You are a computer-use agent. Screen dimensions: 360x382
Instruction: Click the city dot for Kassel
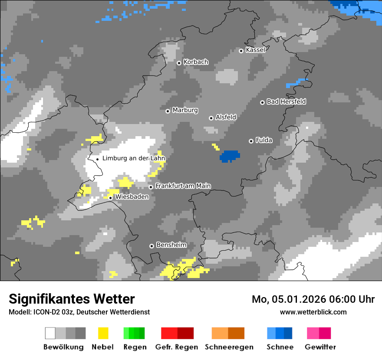point(241,51)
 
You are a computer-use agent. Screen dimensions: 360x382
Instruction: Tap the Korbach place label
point(196,62)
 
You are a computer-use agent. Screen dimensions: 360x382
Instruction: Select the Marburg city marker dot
point(168,111)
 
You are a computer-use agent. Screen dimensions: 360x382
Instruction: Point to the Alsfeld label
point(226,117)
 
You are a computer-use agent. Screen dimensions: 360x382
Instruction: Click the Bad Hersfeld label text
point(286,101)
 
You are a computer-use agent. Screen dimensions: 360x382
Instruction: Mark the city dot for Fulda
point(251,141)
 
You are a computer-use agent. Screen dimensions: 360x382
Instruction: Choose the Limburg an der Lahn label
point(133,158)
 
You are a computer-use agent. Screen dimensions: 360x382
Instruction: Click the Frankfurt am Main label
point(183,186)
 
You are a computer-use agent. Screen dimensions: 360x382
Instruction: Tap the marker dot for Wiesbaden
point(111,198)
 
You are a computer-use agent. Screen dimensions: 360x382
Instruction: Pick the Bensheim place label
point(171,245)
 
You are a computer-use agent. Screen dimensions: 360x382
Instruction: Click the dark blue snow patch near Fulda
point(230,156)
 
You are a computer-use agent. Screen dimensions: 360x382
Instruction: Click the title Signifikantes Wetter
point(72,299)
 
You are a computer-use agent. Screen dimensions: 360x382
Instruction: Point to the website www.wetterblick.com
point(313,312)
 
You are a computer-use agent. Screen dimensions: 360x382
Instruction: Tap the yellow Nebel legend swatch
point(103,333)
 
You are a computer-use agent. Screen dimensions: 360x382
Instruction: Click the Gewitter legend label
point(320,347)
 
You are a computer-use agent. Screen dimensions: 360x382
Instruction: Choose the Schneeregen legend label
point(229,347)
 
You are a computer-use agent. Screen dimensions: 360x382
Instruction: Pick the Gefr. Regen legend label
point(177,347)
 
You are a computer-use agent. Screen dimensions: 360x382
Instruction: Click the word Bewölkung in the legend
point(63,347)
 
